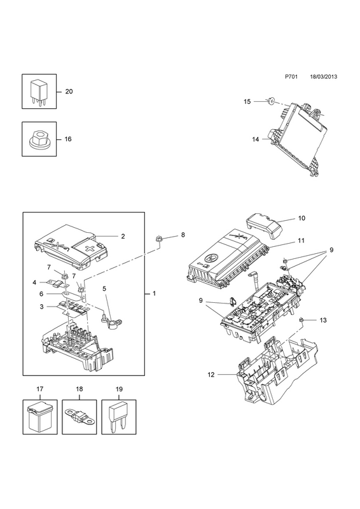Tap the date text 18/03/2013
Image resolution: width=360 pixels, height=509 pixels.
[x=323, y=77]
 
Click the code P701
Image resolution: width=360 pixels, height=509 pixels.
[x=291, y=77]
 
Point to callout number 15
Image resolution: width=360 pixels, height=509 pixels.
[x=247, y=102]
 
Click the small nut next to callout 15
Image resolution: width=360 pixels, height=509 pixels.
[x=270, y=102]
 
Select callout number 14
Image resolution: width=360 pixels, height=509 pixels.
[x=256, y=139]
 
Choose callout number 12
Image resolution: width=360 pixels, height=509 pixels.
[x=211, y=375]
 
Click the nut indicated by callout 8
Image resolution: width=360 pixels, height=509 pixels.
[x=158, y=239]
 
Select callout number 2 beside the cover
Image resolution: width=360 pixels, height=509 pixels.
[x=123, y=236]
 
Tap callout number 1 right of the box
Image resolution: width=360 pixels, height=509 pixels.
[x=154, y=293]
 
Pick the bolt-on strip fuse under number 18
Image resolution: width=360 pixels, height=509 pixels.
[x=79, y=416]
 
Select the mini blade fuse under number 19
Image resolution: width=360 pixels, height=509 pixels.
[x=118, y=418]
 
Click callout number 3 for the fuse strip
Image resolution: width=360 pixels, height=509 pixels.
[x=41, y=306]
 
